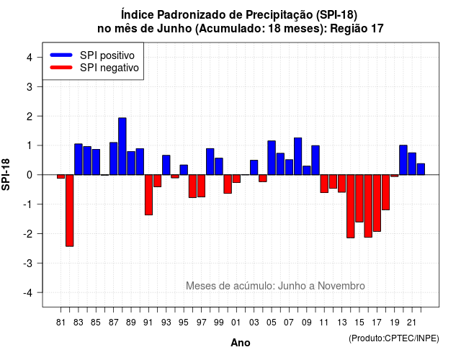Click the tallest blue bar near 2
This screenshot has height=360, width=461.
[122, 146]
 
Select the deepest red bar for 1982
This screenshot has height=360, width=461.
[70, 210]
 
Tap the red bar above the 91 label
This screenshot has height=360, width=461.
[149, 195]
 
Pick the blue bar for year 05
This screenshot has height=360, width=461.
[272, 158]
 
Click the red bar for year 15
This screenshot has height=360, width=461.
[359, 199]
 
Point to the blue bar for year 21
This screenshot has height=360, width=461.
[412, 163]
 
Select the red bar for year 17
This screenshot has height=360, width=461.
[377, 203]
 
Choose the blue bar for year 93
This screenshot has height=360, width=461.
[166, 165]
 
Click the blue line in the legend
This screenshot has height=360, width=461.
[61, 55]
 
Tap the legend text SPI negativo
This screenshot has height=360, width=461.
[109, 68]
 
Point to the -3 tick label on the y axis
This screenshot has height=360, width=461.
[28, 264]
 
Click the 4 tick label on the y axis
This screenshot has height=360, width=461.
[30, 58]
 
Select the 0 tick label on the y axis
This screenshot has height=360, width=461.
[30, 175]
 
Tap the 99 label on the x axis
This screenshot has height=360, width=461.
[219, 323]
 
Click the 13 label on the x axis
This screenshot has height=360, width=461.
[342, 323]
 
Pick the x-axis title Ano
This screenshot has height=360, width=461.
[241, 343]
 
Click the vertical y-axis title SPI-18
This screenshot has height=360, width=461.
[6, 174]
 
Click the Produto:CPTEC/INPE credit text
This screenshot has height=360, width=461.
[394, 338]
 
